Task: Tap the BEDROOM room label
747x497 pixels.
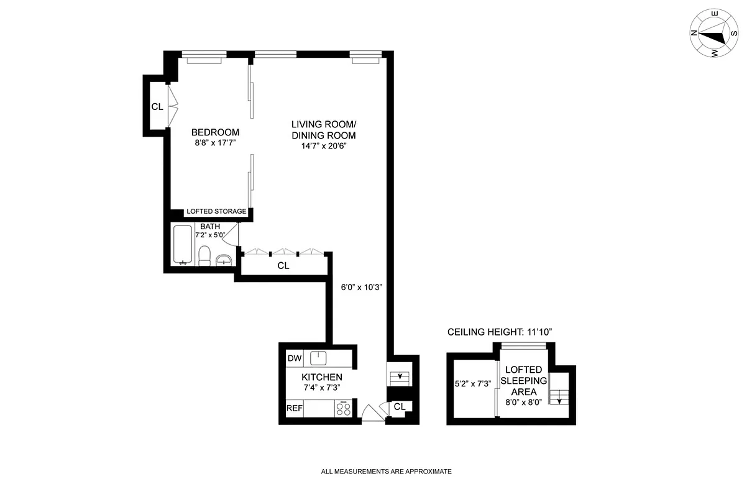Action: tap(215, 132)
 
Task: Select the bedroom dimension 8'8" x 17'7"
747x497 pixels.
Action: tap(215, 143)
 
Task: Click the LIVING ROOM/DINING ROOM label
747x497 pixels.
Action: tap(323, 130)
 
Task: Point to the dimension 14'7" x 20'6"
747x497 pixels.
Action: tap(323, 147)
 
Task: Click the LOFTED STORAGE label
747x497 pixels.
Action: tap(216, 212)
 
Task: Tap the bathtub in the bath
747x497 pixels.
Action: tap(183, 245)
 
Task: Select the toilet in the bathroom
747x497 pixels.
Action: tap(204, 255)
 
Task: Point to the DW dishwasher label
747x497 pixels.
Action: tap(294, 358)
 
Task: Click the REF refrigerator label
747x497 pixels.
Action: tap(294, 409)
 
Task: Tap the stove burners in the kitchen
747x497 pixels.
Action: tap(343, 409)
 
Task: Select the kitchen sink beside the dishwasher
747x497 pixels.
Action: tap(319, 358)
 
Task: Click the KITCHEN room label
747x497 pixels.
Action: tap(321, 377)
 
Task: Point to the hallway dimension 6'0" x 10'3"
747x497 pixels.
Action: tap(361, 288)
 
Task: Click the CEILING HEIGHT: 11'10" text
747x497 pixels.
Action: tap(500, 332)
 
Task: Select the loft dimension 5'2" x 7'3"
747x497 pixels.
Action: tap(474, 384)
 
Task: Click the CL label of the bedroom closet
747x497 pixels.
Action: tap(157, 107)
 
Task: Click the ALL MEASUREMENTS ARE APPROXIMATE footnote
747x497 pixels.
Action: tap(386, 472)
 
